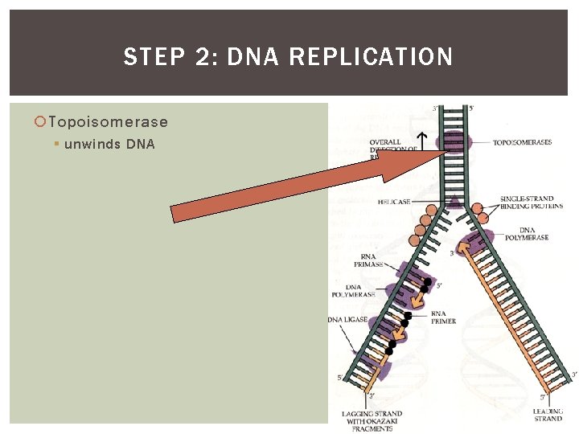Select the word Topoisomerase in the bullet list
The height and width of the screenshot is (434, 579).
click(x=108, y=122)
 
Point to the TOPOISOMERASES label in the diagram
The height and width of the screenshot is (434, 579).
click(x=522, y=142)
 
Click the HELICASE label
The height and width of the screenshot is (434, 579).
click(x=394, y=202)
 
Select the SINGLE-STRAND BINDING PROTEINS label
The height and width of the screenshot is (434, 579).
click(x=527, y=203)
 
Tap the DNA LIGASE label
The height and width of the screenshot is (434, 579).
click(x=347, y=320)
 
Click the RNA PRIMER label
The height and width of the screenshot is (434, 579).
click(x=443, y=317)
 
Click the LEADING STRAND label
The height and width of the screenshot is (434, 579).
click(x=548, y=415)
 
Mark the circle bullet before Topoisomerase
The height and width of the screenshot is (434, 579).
click(x=40, y=122)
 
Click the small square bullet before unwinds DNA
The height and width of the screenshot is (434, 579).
click(x=56, y=145)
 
